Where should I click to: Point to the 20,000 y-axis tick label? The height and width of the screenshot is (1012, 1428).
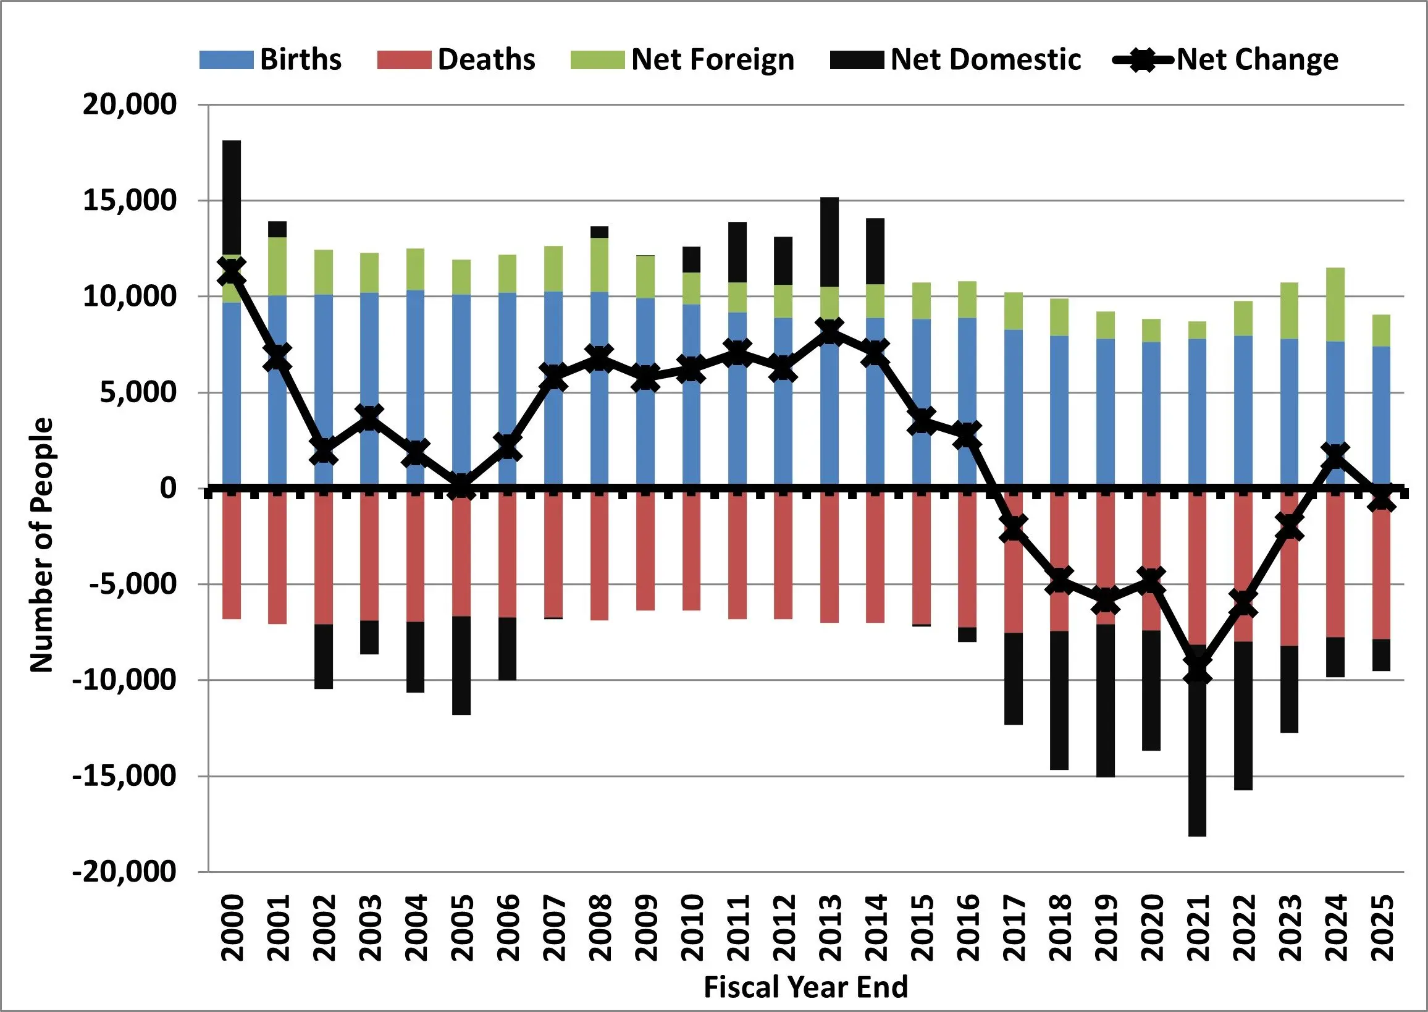(130, 104)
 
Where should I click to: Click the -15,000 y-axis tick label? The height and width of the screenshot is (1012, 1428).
(125, 777)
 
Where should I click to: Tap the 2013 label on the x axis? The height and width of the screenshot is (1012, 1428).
(830, 929)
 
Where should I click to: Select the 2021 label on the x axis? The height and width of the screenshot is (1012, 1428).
(1198, 929)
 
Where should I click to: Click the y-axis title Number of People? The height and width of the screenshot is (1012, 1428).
(42, 546)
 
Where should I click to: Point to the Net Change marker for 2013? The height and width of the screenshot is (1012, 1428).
(830, 332)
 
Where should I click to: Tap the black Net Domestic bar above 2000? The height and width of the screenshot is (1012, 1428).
(232, 197)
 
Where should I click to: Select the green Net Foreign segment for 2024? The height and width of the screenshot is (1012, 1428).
(1335, 305)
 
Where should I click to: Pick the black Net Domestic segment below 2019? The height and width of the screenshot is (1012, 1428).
(1105, 701)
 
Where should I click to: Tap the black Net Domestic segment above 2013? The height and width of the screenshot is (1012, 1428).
(830, 242)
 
